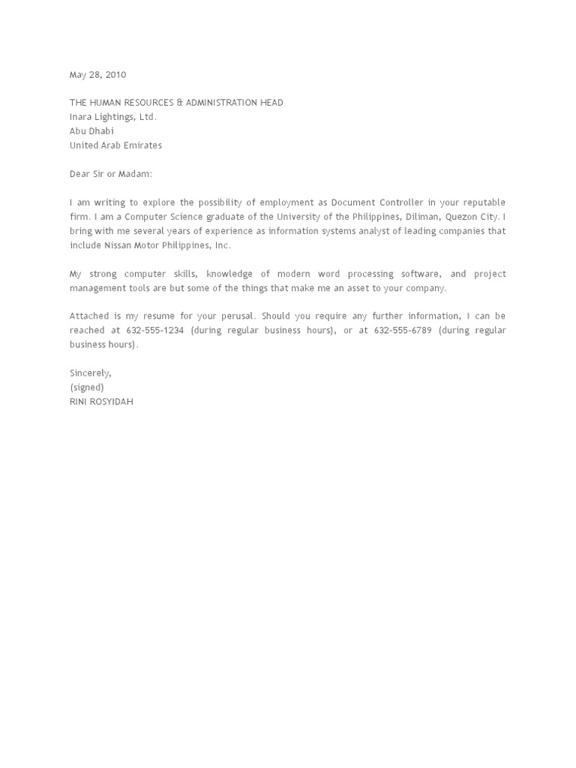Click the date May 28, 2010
98,75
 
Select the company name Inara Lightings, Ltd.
113,117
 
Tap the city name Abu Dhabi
92,131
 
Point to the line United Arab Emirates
115,145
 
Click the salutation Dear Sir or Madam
111,174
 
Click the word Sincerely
91,373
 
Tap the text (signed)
87,387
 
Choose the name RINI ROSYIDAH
102,401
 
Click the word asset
362,288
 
